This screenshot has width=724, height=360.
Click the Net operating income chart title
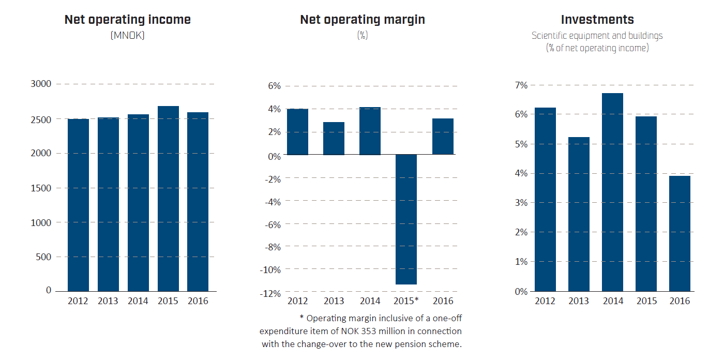[127, 20]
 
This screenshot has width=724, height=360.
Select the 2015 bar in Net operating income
[168, 199]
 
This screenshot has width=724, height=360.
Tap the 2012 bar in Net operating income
[78, 205]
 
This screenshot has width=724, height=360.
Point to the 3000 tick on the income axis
[41, 84]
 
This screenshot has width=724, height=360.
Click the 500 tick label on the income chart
[44, 257]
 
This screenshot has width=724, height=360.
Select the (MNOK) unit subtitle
[127, 36]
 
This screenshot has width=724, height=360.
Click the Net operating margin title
[363, 20]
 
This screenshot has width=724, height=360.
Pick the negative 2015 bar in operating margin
[406, 219]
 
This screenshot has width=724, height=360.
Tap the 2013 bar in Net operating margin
[334, 138]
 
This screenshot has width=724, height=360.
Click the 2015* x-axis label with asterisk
[406, 301]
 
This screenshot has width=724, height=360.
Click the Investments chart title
[597, 20]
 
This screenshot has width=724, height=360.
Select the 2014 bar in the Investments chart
[612, 192]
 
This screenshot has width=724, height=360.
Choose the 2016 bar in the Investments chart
[680, 233]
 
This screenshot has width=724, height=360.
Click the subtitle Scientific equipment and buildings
[597, 36]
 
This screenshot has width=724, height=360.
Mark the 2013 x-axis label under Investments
[578, 301]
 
